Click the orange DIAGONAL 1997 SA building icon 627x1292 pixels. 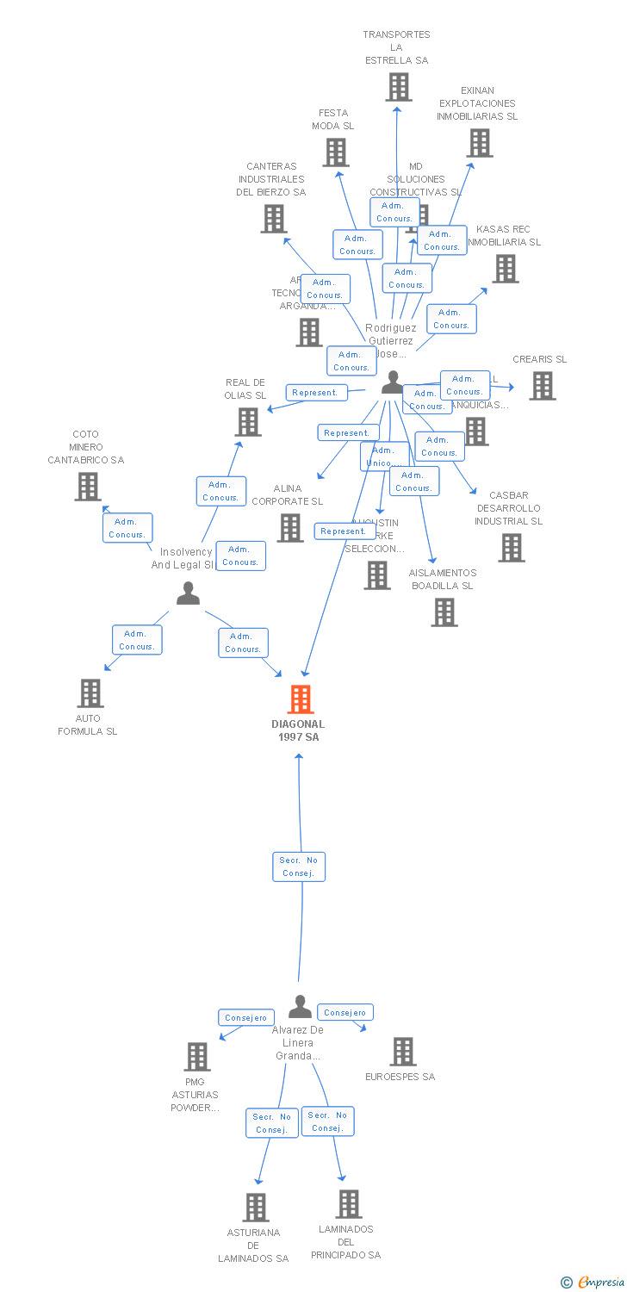[301, 699]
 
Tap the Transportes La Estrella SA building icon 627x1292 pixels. [398, 87]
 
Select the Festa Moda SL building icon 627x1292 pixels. [336, 152]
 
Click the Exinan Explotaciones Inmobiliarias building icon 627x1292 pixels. [480, 143]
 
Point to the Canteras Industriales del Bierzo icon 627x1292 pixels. [274, 219]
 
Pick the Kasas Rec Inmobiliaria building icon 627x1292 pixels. [506, 269]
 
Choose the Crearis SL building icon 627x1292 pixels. [543, 386]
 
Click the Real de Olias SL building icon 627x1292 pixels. [248, 422]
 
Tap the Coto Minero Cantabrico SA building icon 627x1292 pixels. [88, 487]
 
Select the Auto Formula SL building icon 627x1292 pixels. [90, 693]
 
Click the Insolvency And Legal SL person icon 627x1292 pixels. [188, 593]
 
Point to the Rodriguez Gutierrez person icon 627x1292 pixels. [393, 382]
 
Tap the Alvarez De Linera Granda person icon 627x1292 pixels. [300, 1006]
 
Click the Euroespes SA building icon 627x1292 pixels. [403, 1052]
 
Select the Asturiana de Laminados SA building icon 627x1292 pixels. [256, 1208]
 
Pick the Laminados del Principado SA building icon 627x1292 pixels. [349, 1204]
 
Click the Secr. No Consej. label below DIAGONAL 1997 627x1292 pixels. [300, 867]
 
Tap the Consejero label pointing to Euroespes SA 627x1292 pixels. [345, 1013]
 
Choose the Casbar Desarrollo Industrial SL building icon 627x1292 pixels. [512, 548]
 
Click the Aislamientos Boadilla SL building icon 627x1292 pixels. [444, 612]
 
